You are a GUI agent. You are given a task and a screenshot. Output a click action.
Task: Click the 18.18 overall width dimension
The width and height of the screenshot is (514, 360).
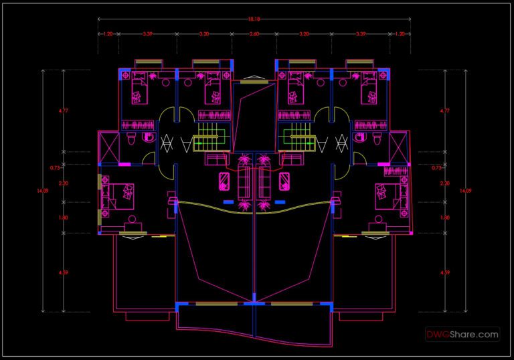point(253,19)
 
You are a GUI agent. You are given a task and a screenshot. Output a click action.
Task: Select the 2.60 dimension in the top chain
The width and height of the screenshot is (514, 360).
point(254,33)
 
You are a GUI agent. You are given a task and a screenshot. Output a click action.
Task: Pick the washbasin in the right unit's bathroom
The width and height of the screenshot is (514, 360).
point(362,138)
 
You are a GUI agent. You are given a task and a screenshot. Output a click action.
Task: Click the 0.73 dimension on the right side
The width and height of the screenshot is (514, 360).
point(437,168)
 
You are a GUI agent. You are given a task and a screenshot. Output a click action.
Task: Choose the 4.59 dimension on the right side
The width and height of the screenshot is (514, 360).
point(444,273)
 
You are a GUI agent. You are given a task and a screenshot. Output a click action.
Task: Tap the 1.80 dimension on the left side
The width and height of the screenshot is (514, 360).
point(63,217)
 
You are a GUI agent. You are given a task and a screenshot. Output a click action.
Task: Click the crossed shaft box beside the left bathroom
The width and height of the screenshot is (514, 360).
point(107,147)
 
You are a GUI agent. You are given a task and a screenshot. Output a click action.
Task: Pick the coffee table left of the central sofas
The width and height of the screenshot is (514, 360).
point(224,181)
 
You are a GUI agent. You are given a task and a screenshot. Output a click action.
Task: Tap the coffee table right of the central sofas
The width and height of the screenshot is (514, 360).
point(284,181)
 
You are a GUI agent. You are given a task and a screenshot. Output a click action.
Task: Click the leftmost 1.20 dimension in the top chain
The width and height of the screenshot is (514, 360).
point(107,33)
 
